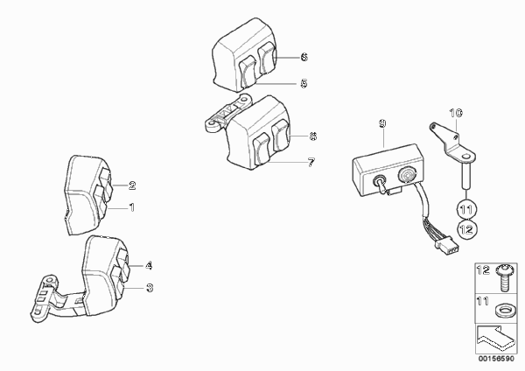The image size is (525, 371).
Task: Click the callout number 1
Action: pos(132,207)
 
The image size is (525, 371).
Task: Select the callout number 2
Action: pos(132,185)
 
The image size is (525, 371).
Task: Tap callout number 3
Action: pos(150,288)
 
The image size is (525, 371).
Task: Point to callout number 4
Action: pos(149,266)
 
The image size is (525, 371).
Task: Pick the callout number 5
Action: pos(304,83)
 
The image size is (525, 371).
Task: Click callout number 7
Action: pos(311,163)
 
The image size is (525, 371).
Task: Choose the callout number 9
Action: pos(382,123)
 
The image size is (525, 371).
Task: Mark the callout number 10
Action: pos(456,113)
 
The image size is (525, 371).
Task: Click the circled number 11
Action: pos(466,210)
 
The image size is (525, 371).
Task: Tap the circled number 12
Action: pos(466,229)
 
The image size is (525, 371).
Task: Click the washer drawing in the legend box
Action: pos(506,310)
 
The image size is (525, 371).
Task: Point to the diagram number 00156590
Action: pos(496,359)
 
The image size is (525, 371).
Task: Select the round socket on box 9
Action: pos(407,174)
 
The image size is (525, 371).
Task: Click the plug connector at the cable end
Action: pos(447,245)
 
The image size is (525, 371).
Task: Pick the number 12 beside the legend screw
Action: pos(483,269)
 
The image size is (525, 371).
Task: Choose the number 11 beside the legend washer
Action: pos(482,301)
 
